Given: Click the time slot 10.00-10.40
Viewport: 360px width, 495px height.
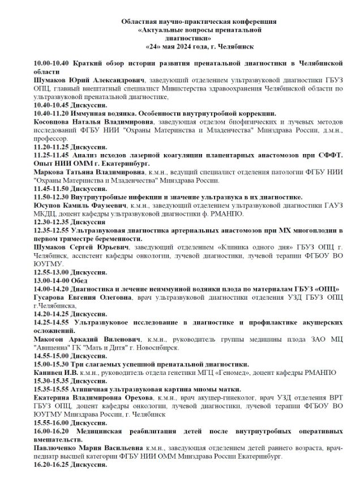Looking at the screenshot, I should (x=52, y=65).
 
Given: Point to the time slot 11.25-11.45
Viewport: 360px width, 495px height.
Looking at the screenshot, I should (x=52, y=155).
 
